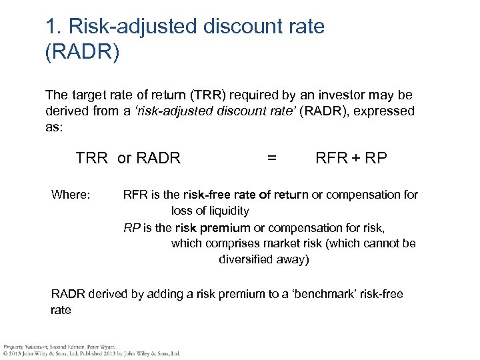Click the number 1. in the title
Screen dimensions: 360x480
coord(53,27)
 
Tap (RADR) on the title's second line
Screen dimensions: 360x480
coord(82,53)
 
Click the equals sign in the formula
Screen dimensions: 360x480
coord(271,158)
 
